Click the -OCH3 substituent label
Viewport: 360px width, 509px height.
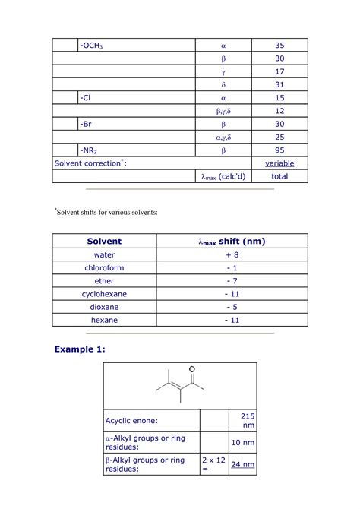91,46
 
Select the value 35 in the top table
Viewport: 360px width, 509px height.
279,46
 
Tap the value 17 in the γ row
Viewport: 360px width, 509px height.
279,71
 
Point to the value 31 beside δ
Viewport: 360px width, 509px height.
279,84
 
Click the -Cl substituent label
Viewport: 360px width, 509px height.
87,98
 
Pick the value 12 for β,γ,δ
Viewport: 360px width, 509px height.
279,111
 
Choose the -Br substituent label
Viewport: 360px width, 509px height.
87,124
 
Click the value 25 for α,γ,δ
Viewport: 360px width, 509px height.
279,137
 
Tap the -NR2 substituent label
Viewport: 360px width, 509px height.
90,150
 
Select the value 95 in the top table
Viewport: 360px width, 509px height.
279,150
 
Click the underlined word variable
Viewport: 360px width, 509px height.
279,163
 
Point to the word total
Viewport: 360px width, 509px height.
279,176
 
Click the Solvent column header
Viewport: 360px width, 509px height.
104,242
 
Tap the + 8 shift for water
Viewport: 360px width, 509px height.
232,255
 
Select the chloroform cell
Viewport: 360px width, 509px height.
104,268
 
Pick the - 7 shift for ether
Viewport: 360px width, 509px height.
232,281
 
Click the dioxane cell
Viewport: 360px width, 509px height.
104,307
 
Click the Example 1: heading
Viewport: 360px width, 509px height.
80,349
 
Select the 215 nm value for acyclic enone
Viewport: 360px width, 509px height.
248,420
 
